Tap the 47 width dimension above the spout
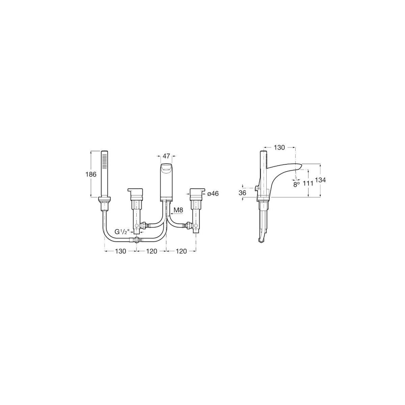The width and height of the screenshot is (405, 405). coord(166,156)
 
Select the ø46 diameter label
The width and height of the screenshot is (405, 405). coord(213,194)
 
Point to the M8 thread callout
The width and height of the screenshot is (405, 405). coord(179,210)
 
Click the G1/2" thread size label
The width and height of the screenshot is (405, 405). coord(122,232)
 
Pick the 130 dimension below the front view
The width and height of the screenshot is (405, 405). coord(120,251)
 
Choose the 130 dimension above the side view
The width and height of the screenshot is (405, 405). coord(279,147)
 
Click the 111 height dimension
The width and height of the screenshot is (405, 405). coord(308,184)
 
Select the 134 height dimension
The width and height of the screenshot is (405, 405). coord(320,180)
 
